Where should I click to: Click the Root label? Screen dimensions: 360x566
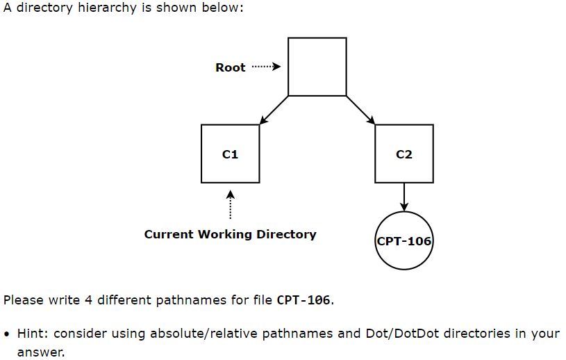[x=230, y=67]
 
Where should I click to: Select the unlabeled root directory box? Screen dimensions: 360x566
[x=317, y=67]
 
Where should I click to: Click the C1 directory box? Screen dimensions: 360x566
[x=230, y=154]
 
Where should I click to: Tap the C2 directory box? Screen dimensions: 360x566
[x=403, y=154]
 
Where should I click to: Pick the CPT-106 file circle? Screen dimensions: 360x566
[x=403, y=241]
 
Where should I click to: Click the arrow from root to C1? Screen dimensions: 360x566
[x=274, y=110]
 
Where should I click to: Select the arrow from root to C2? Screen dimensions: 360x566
[x=360, y=110]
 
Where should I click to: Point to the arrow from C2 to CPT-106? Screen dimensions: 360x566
[x=403, y=197]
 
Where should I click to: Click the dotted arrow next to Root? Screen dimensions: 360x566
[x=265, y=67]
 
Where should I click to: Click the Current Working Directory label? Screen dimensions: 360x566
[x=230, y=234]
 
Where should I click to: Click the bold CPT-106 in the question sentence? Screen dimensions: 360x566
[x=303, y=300]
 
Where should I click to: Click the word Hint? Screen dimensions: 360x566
[x=31, y=333]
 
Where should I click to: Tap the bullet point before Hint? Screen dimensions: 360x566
[x=7, y=334]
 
